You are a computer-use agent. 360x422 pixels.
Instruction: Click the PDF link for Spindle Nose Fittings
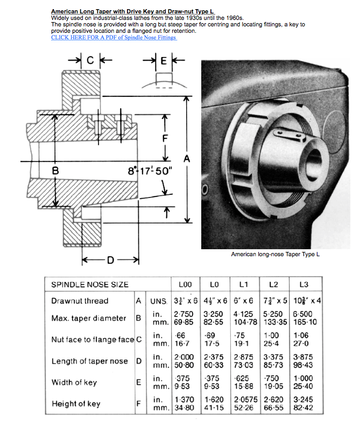[114, 37]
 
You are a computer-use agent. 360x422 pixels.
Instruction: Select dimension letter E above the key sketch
[164, 60]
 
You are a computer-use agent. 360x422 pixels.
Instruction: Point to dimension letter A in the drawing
[187, 158]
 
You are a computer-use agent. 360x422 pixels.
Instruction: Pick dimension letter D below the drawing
[110, 261]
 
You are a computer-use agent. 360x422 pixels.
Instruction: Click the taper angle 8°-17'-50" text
[150, 172]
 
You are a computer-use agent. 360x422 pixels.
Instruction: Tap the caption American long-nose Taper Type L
[275, 254]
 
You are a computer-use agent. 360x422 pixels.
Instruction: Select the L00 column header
[185, 284]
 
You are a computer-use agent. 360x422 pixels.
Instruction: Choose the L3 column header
[307, 284]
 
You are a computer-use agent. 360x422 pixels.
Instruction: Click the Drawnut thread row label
[80, 301]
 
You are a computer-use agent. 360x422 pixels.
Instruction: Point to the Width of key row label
[74, 383]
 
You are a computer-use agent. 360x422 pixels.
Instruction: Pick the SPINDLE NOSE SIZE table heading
[89, 284]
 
